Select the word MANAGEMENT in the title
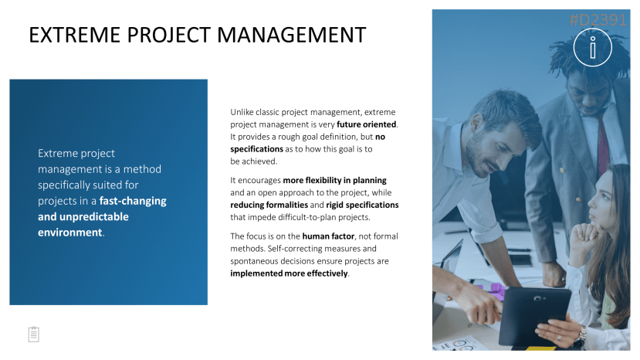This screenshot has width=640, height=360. [x=291, y=35]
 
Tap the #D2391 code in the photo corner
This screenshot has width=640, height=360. [x=598, y=19]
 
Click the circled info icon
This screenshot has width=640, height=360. [x=593, y=47]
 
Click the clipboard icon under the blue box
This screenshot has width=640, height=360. [x=34, y=335]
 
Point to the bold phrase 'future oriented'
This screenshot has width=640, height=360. [x=367, y=124]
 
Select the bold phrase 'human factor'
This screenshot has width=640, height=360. [x=328, y=236]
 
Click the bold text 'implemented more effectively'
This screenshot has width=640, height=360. [x=289, y=273]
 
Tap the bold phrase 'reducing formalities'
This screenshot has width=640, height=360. [x=269, y=205]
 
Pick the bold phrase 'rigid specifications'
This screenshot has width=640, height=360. [x=362, y=205]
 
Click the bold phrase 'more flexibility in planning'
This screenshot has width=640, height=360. [x=335, y=180]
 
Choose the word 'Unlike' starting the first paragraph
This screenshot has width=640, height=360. [x=242, y=112]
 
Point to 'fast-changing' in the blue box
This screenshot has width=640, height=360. [x=133, y=201]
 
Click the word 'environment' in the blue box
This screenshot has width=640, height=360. [x=69, y=233]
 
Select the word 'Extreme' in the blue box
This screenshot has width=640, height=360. [x=56, y=153]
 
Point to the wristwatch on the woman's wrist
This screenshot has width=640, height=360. [x=582, y=335]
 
